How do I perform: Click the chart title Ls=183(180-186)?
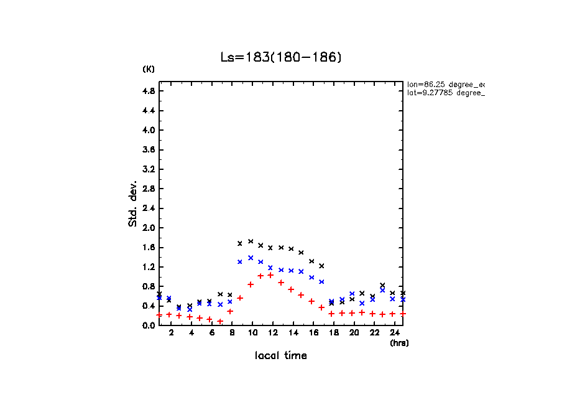point(281,57)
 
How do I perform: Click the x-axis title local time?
point(281,356)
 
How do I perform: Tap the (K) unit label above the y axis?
point(149,69)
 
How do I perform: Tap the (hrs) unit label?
point(399,343)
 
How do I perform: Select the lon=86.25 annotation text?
point(445,84)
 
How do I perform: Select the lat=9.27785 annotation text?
point(445,93)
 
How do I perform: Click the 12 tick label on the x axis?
point(272,334)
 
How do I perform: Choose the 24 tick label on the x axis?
point(394,334)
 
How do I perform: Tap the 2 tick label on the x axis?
point(171,334)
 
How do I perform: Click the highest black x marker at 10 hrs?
point(251,241)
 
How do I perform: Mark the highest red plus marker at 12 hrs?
point(270,275)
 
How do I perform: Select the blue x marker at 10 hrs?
point(251,258)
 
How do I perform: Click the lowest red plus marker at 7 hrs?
point(220,321)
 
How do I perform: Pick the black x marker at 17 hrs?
point(321,266)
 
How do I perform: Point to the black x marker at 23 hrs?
point(382,285)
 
